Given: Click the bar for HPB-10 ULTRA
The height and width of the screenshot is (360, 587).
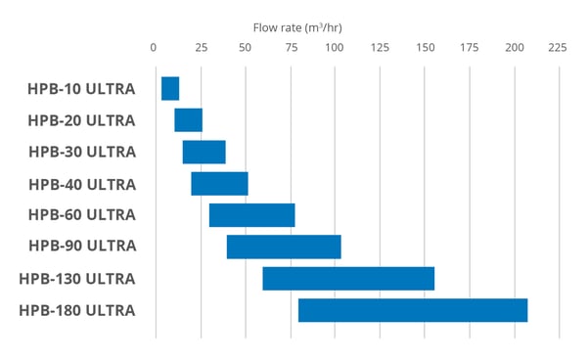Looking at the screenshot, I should click(x=170, y=88).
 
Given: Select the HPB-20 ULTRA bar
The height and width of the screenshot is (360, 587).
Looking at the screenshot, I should click(x=188, y=120).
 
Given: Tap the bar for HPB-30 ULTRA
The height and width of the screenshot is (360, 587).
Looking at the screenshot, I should click(x=203, y=152).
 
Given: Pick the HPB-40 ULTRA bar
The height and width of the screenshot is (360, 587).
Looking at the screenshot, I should click(x=219, y=183).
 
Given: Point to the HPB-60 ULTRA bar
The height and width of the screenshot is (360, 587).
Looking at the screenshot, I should click(x=251, y=215).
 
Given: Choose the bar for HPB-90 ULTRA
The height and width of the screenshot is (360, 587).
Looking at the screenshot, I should click(x=284, y=247).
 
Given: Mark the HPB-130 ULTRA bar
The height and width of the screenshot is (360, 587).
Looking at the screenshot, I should click(x=348, y=278).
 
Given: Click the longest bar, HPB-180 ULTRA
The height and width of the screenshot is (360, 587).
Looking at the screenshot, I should click(x=413, y=310).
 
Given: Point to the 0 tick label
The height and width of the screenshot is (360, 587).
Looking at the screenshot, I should click(x=154, y=47).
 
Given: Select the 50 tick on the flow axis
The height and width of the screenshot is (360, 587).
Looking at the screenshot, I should click(x=244, y=47).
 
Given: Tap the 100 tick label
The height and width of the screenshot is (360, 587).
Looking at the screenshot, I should click(x=335, y=47).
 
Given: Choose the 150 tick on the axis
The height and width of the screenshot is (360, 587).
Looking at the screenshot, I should click(x=425, y=47).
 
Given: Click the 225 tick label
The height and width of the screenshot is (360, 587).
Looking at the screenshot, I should click(x=559, y=47).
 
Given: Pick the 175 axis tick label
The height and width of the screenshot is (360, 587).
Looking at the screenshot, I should click(x=470, y=47).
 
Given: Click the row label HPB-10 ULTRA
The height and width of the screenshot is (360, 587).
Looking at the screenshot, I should click(x=81, y=89).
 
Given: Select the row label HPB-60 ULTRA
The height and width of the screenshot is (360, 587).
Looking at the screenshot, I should click(x=81, y=215).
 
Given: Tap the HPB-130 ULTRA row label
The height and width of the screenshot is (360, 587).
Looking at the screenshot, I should click(x=77, y=279).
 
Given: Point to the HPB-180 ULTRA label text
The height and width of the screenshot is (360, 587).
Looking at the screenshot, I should click(x=77, y=311).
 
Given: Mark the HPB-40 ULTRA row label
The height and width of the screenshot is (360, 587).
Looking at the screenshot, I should click(x=81, y=184).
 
